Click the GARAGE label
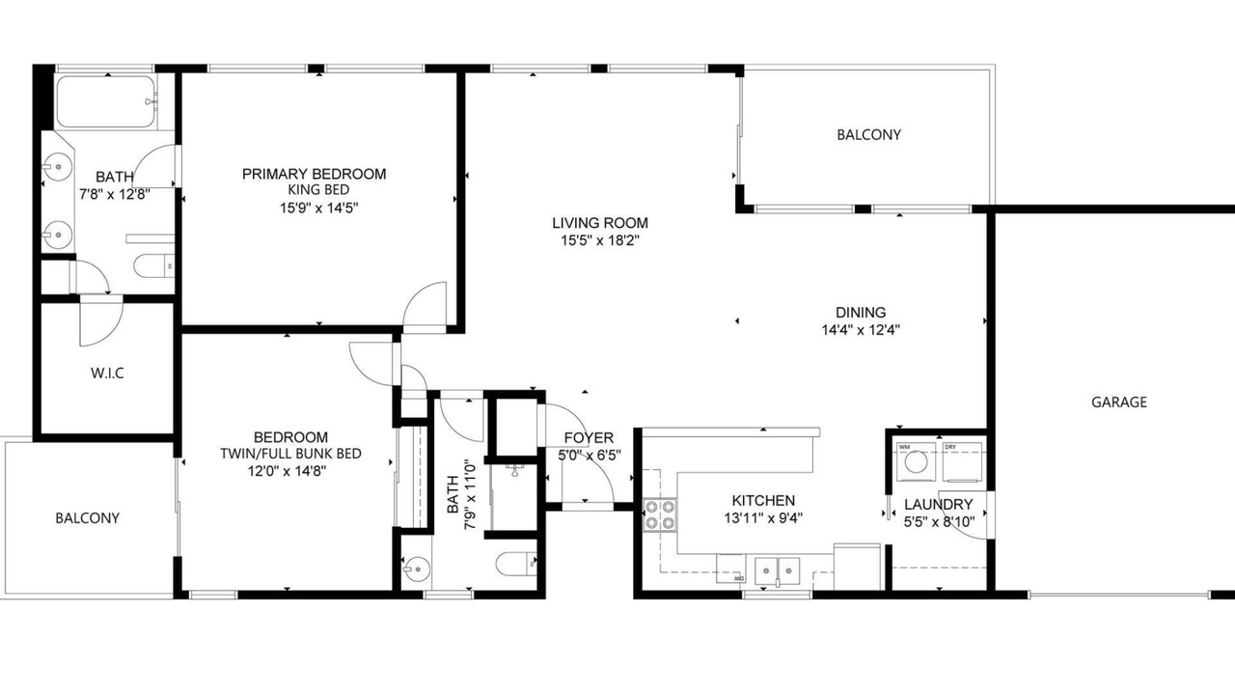point(1118,403)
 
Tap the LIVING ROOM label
point(600,223)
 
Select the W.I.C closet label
point(107,374)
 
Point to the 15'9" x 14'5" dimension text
point(318,208)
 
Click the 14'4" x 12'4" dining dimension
point(860,330)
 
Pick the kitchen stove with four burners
point(660,514)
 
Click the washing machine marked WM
point(916,461)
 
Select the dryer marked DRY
point(962,461)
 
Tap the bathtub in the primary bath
point(105,101)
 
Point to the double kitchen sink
point(777,570)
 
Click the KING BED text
point(318,190)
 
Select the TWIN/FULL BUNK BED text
point(290,454)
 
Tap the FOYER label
point(589,438)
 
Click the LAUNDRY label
point(939,504)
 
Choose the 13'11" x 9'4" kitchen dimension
point(763,518)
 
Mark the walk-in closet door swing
point(101,321)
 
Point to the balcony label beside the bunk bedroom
point(87,518)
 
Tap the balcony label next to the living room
point(868,134)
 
